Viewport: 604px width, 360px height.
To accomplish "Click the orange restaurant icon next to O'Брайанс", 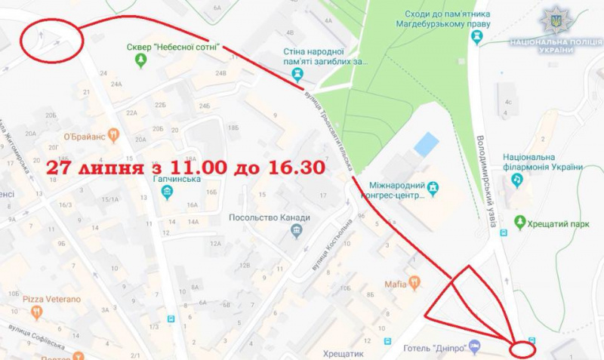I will tap(113, 135).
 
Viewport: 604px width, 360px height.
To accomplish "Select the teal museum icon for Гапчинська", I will tap(167, 192).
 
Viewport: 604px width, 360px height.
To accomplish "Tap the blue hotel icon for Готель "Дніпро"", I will tap(474, 346).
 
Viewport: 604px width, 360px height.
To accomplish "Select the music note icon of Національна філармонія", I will tap(517, 180).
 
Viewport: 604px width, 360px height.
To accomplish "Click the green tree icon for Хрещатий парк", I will tap(519, 222).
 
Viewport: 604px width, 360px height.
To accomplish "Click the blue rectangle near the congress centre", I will tap(426, 143).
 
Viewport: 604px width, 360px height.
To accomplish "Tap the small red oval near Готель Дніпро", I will tap(522, 349).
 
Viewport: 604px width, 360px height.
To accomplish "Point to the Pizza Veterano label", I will tap(51, 300).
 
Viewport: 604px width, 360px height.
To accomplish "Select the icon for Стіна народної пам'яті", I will tap(298, 74).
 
